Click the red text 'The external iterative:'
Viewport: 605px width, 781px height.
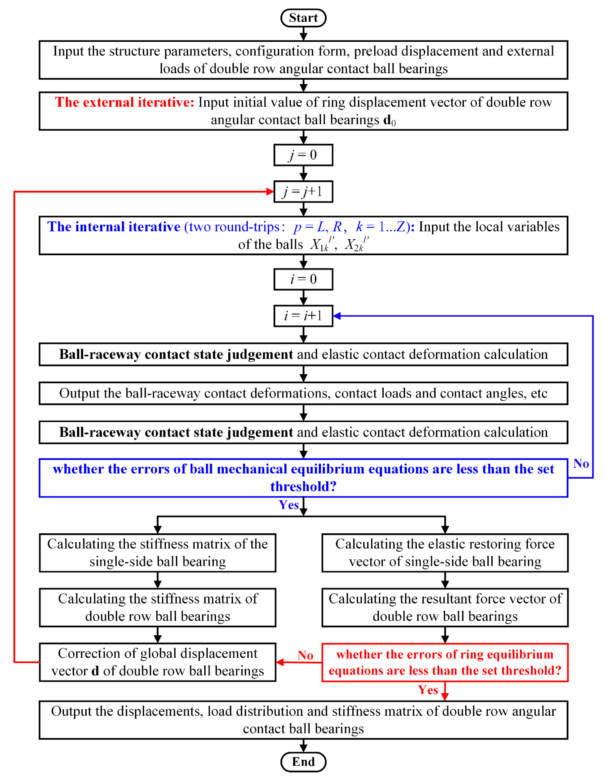[x=124, y=102]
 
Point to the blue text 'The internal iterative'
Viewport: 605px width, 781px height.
[x=114, y=227]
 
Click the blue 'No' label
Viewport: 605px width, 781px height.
[x=581, y=464]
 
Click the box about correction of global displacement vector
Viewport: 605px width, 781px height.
[x=157, y=662]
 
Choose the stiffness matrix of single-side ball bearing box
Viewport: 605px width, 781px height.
[x=157, y=553]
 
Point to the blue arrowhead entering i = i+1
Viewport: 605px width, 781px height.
[x=337, y=316]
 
